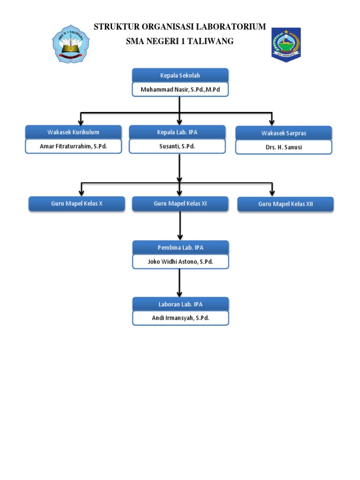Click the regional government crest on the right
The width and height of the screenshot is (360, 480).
click(x=285, y=45)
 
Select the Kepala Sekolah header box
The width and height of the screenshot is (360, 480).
click(x=180, y=75)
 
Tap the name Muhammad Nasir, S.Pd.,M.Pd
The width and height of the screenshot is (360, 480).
click(x=180, y=90)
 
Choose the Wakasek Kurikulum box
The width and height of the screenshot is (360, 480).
click(x=73, y=132)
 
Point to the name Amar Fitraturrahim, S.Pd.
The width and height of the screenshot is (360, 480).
click(x=73, y=146)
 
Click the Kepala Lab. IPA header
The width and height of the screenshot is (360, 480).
click(x=177, y=132)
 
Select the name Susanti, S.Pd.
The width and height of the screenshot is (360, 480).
click(x=177, y=146)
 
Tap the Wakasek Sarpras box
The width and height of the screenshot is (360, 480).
click(x=284, y=133)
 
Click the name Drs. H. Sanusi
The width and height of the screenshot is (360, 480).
click(x=284, y=147)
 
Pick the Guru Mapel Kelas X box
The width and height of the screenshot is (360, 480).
click(x=76, y=204)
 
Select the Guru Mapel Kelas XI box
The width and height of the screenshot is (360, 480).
click(x=180, y=204)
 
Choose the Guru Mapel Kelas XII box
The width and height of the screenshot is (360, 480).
click(x=285, y=204)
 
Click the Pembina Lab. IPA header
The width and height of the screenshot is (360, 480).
click(x=180, y=247)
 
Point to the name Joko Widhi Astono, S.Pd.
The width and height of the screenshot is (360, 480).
click(x=180, y=262)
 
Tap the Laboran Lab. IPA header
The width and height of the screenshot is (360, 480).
click(x=180, y=304)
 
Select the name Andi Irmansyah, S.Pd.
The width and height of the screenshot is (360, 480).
click(x=180, y=318)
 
